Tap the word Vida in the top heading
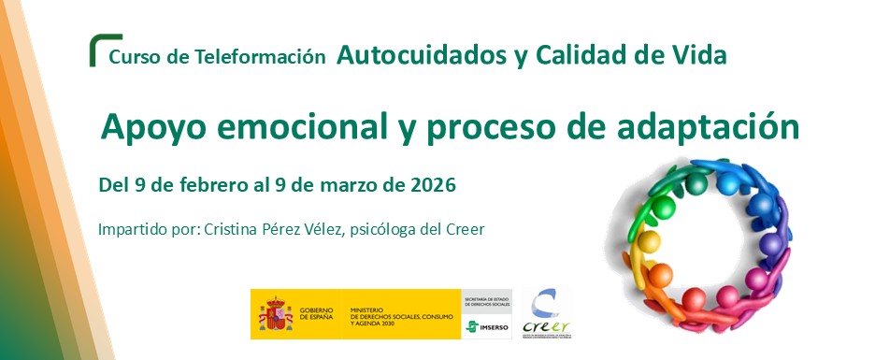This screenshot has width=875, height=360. (701, 55)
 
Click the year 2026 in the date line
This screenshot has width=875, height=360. (433, 185)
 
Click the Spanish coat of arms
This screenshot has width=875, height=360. (275, 314)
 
